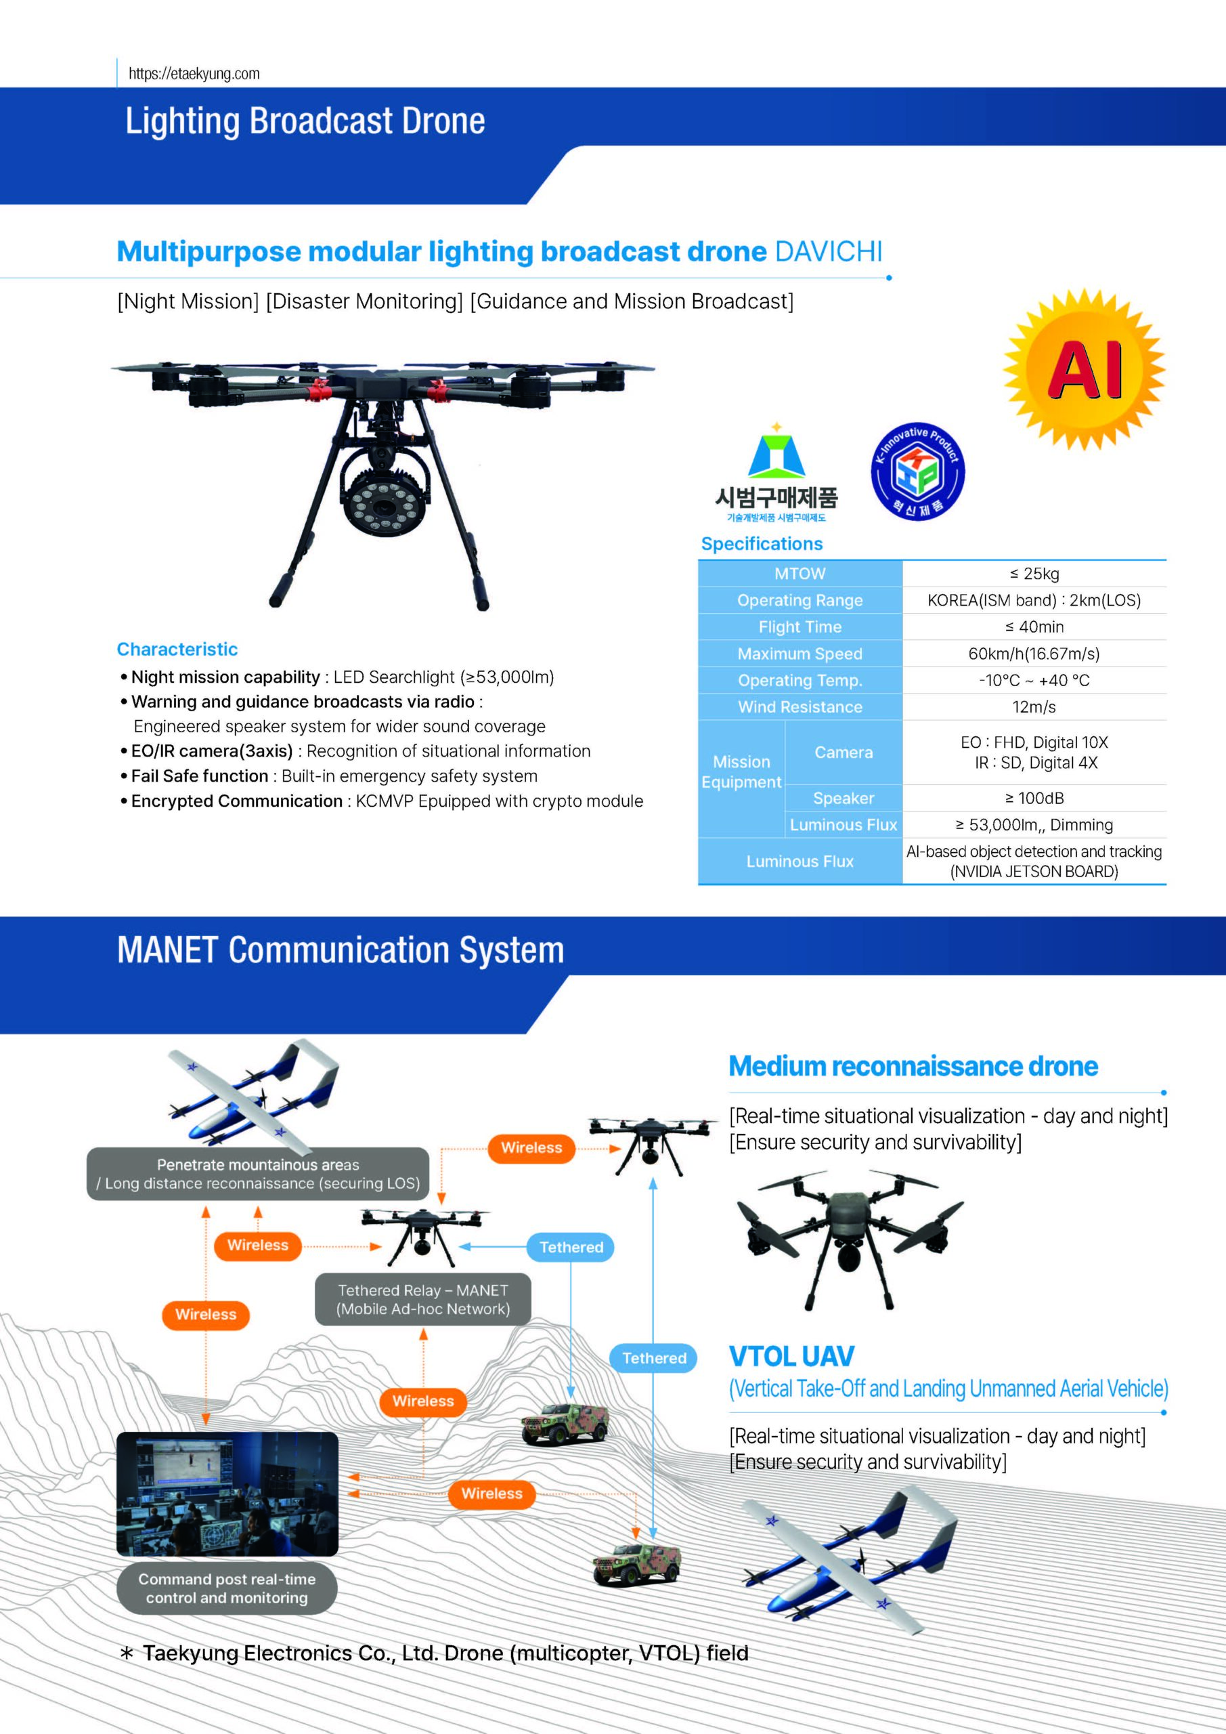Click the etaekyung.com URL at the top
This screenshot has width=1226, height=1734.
point(194,74)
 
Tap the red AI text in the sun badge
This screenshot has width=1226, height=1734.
point(1084,370)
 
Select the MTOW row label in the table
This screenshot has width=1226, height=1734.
point(800,574)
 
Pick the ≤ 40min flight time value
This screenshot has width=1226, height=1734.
point(1034,627)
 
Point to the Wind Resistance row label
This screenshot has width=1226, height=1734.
point(800,708)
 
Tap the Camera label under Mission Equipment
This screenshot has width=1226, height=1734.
point(844,753)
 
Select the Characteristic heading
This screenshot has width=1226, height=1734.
point(177,650)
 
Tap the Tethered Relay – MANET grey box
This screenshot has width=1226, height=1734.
point(422,1300)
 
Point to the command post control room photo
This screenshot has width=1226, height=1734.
point(227,1494)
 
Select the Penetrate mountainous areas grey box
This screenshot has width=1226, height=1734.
point(258,1175)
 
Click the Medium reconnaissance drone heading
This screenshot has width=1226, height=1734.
point(913,1066)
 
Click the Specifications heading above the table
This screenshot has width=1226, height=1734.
point(762,544)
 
